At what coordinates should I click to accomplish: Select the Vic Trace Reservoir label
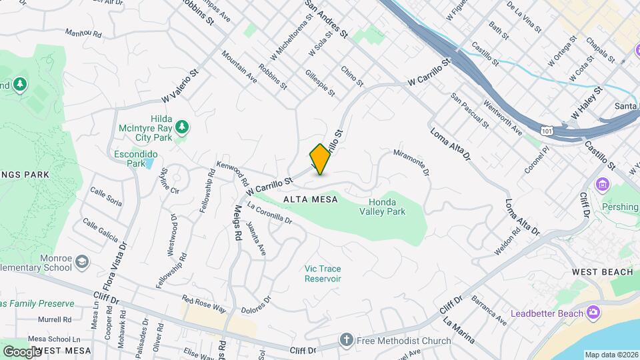coord(323,273)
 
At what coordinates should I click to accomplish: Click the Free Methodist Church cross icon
coord(346,341)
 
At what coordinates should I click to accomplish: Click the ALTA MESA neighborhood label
coord(310,199)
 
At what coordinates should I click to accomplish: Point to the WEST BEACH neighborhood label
coord(602,272)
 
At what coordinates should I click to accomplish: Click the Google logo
coord(22,351)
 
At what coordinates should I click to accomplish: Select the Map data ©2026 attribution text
coord(610,355)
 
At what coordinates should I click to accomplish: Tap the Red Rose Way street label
coord(205,305)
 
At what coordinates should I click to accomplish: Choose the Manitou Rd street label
coord(83,32)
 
